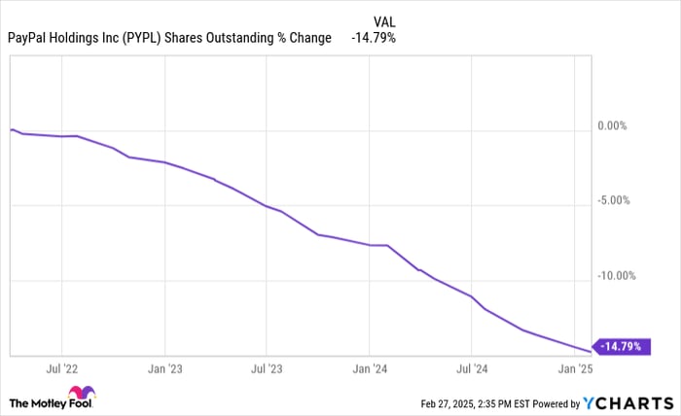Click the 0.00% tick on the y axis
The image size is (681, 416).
tap(616, 126)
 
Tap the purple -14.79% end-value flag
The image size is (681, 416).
tap(624, 345)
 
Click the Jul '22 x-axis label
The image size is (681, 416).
tap(61, 369)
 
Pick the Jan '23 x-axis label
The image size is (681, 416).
tap(164, 369)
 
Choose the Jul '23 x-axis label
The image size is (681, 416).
tap(266, 369)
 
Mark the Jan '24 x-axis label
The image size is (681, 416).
tap(369, 369)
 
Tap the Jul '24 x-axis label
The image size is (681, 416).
tap(471, 369)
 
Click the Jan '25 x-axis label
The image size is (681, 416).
tap(573, 369)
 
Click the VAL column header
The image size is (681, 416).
tap(384, 20)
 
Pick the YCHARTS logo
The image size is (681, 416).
tap(625, 402)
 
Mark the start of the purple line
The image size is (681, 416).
tap(11, 129)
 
